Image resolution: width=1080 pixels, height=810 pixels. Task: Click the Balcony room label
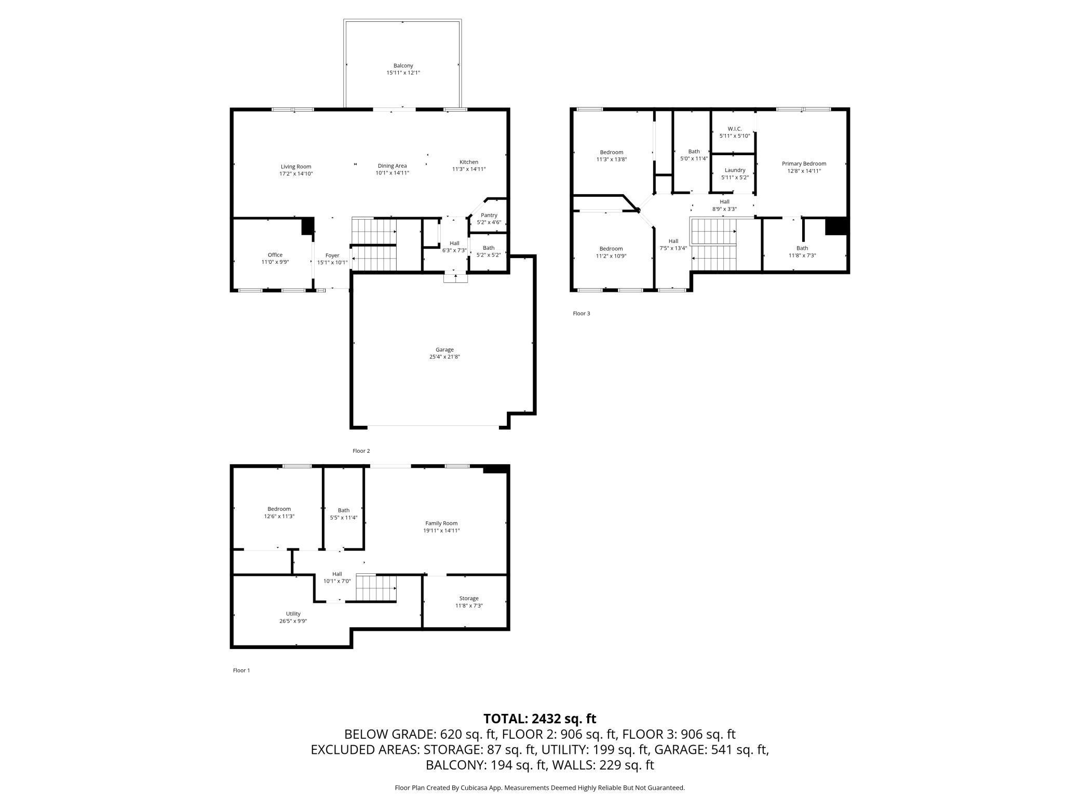tap(403, 66)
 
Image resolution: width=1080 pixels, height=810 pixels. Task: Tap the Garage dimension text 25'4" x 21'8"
tap(444, 357)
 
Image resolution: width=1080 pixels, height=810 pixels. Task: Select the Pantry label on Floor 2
tap(489, 215)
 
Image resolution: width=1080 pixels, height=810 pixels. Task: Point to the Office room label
tap(275, 255)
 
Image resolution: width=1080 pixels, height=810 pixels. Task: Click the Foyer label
tap(332, 255)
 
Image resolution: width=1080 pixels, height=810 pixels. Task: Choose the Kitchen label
tap(469, 162)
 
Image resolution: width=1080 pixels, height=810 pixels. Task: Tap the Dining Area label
tap(393, 166)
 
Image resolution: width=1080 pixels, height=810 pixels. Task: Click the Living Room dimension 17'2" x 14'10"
tap(296, 174)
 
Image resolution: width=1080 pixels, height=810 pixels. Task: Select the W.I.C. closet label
tap(735, 129)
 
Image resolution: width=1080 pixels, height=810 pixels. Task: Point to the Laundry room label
tap(735, 170)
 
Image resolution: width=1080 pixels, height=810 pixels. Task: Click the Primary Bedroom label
tap(804, 164)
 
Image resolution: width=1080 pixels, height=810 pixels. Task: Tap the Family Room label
tap(441, 523)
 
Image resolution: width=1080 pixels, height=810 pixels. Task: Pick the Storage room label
tap(469, 598)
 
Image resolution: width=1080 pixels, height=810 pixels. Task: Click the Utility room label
tap(293, 614)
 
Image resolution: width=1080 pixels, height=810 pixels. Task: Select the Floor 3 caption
tap(582, 314)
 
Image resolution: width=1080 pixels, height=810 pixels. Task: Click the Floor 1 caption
tap(241, 670)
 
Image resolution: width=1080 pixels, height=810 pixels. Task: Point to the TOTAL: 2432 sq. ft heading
tap(540, 719)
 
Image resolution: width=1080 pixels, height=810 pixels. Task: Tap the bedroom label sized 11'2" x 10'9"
tap(611, 249)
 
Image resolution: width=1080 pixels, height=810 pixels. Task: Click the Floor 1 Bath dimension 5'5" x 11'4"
tap(344, 518)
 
